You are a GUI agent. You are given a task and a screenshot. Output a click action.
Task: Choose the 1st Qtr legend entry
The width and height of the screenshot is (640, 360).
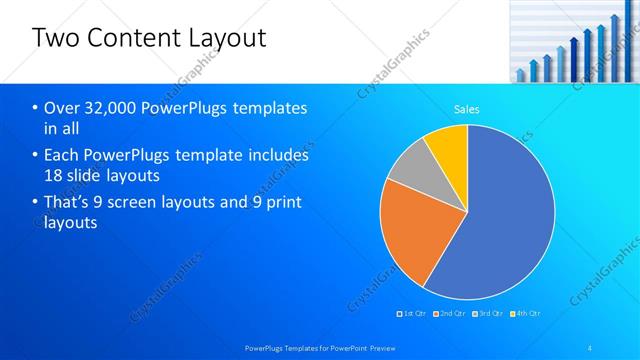[x=414, y=314]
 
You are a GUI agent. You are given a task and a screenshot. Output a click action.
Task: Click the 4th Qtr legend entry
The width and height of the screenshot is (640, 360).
[x=527, y=314]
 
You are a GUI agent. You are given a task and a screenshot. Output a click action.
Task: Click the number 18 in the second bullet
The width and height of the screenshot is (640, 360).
[x=53, y=176]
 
